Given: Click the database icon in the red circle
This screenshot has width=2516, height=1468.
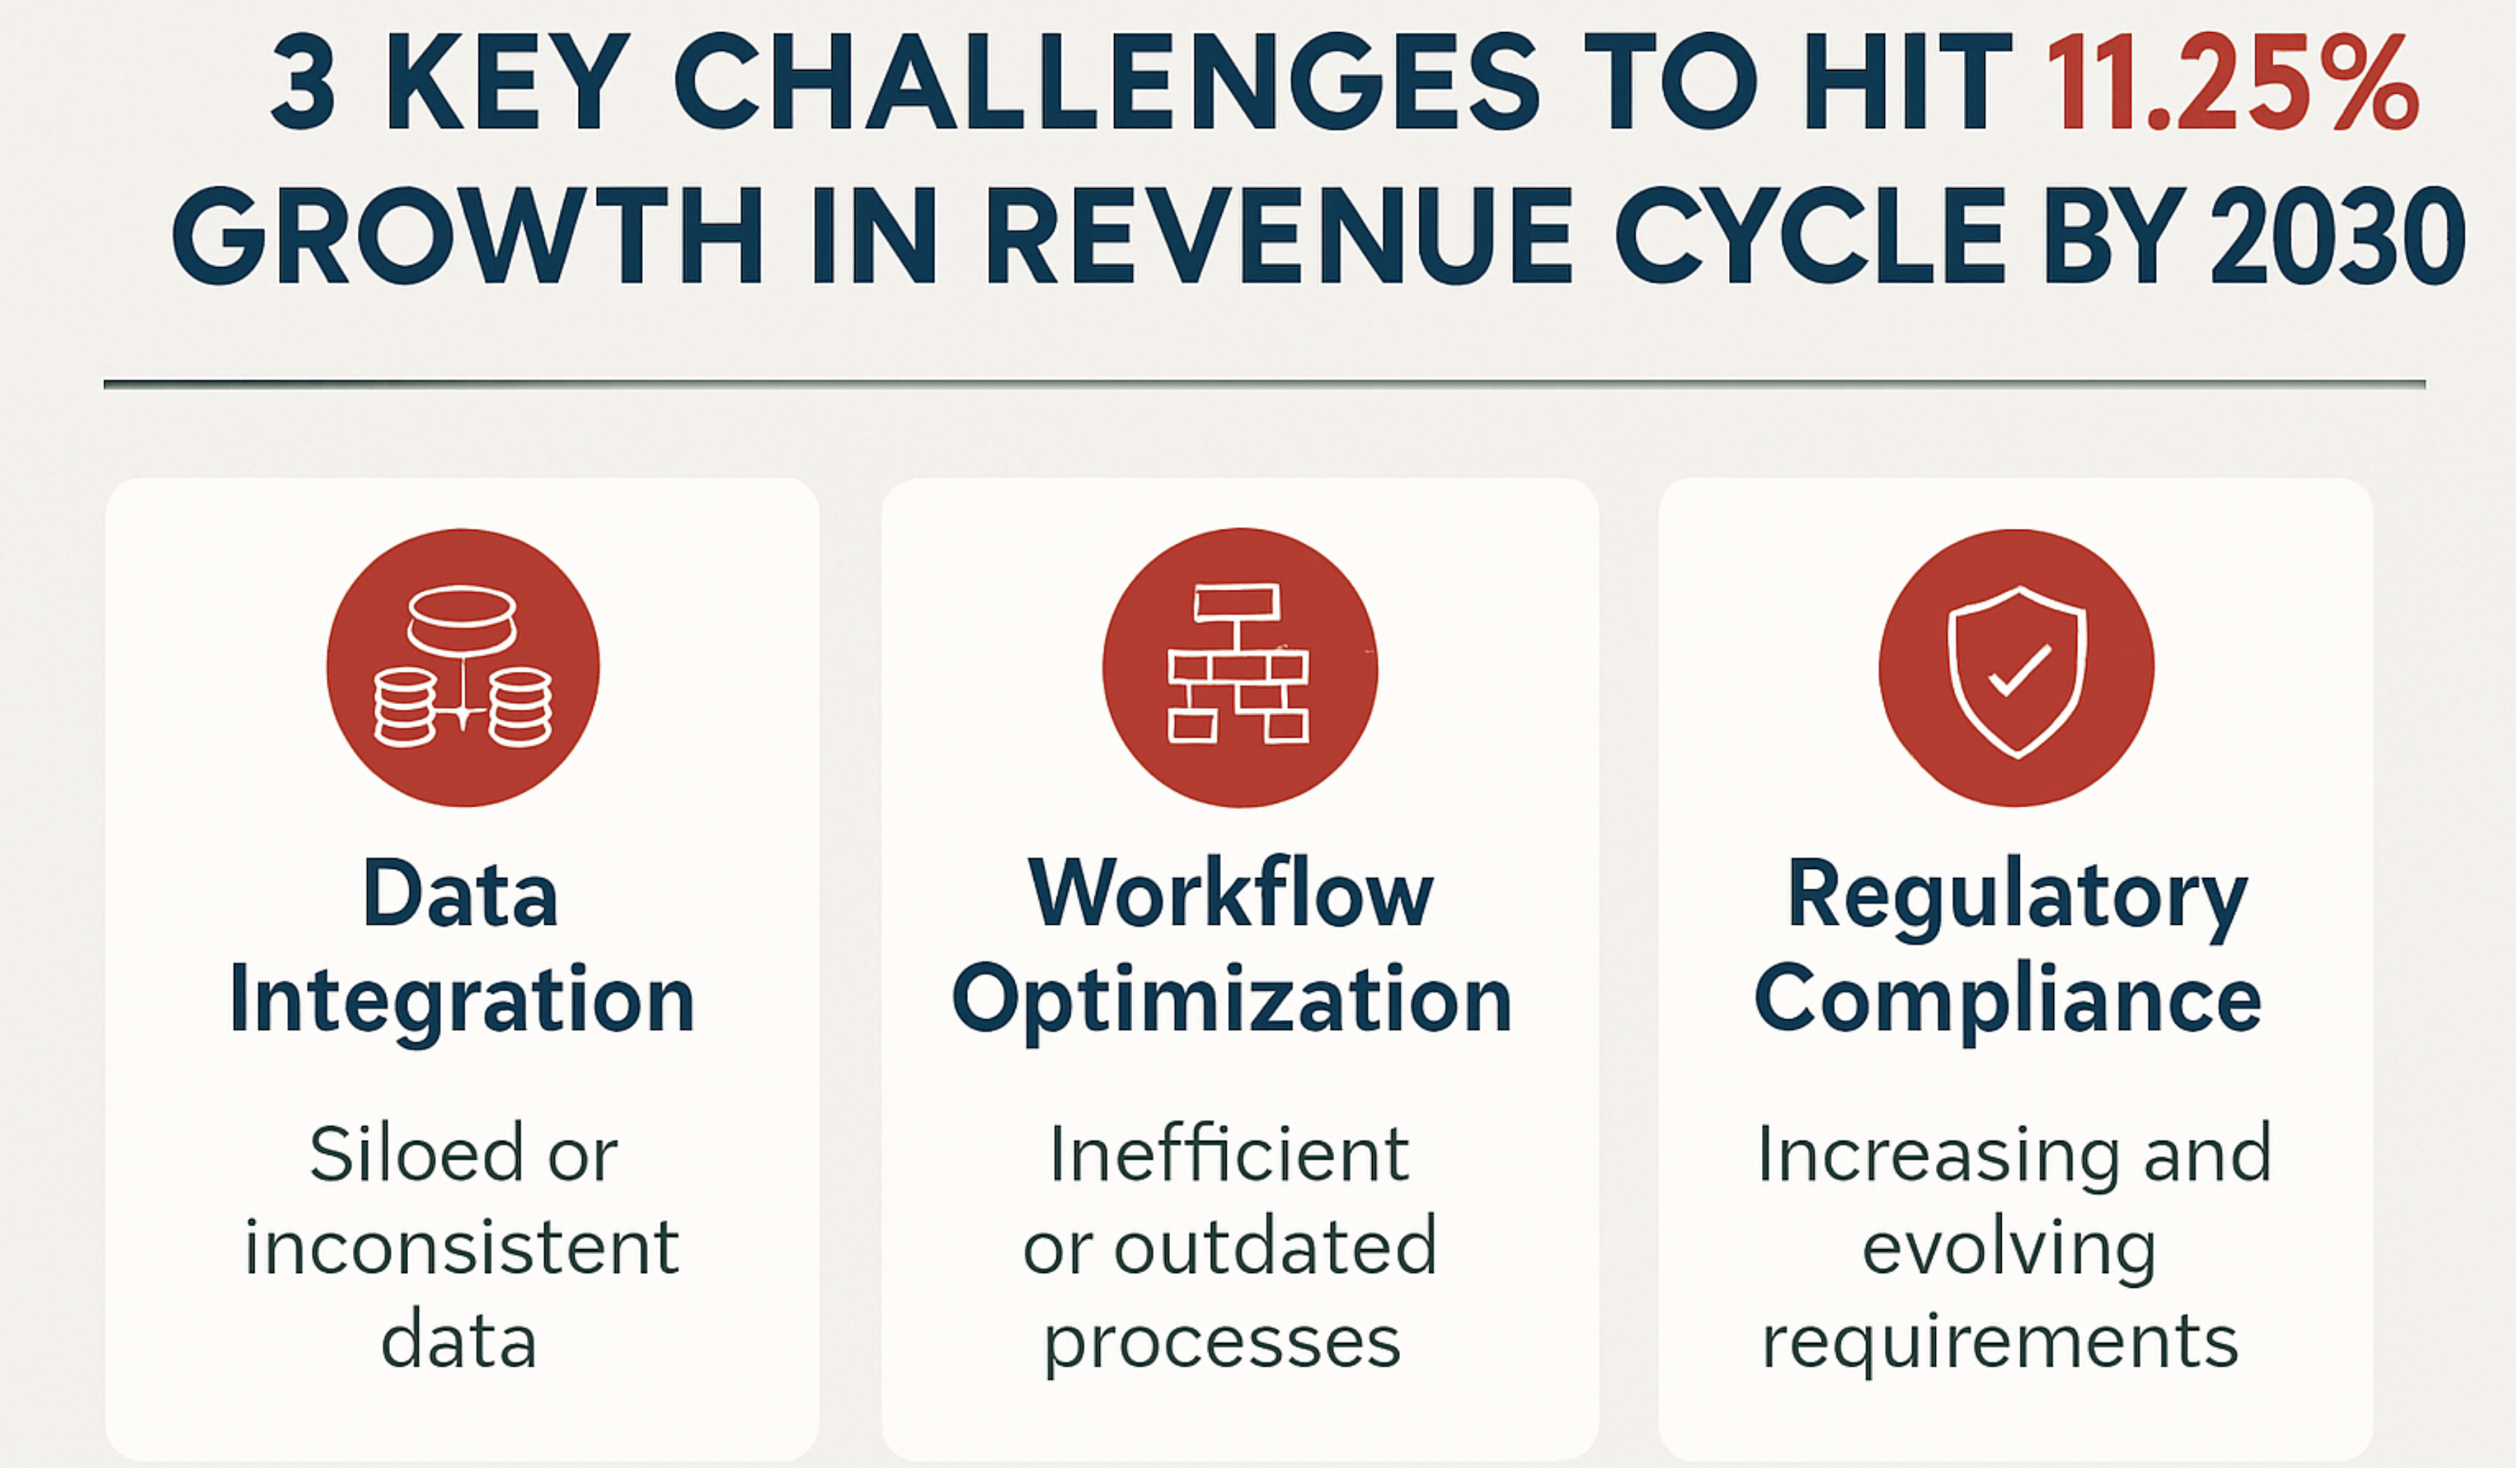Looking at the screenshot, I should coord(462,667).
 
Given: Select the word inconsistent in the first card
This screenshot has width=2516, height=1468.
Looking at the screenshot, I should coord(461,1248).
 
